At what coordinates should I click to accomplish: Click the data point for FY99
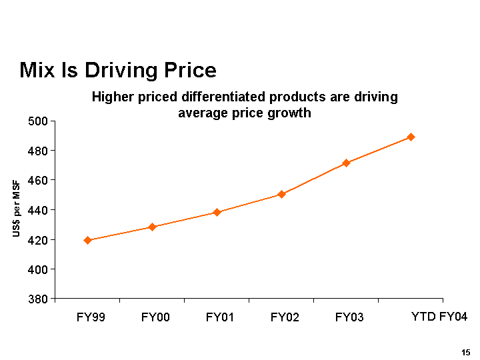[87, 240]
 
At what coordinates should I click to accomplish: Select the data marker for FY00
[152, 227]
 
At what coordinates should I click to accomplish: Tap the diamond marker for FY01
[217, 212]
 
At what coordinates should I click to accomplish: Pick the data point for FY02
[281, 194]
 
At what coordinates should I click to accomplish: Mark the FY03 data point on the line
[346, 163]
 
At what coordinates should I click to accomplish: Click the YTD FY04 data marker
[411, 137]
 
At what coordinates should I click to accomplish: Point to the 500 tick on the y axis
[39, 121]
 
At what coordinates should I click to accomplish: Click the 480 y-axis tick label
[39, 151]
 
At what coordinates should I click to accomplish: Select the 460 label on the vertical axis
[39, 181]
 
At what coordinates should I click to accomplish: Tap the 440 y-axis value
[39, 210]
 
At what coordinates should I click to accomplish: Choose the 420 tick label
[39, 240]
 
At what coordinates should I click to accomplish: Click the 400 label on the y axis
[39, 269]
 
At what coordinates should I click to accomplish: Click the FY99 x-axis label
[91, 317]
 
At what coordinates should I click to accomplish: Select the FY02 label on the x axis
[285, 317]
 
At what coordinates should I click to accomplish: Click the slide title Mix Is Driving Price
[118, 70]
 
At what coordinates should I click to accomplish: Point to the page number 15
[466, 352]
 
